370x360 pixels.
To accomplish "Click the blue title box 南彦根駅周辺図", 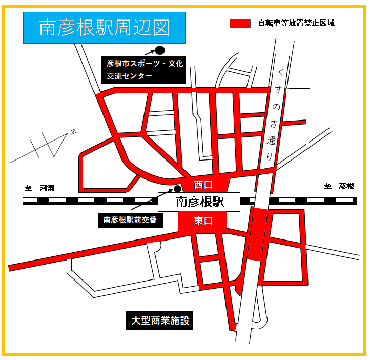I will tap(105, 28).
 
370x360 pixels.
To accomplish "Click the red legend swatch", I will tap(240, 24).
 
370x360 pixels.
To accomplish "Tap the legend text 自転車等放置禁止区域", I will tap(296, 24).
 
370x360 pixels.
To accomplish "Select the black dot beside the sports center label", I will tap(160, 50).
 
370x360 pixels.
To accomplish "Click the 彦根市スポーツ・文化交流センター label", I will tap(145, 69).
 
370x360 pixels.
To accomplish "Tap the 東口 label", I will tap(203, 220).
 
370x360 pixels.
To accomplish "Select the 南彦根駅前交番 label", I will tap(130, 220).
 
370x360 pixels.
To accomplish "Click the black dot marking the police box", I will tap(178, 188).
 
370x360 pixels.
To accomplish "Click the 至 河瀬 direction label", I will tap(39, 187).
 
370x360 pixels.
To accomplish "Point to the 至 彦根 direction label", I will tap(339, 186).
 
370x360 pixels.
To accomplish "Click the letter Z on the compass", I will tap(73, 132).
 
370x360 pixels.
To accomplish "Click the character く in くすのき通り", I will tap(279, 76).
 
